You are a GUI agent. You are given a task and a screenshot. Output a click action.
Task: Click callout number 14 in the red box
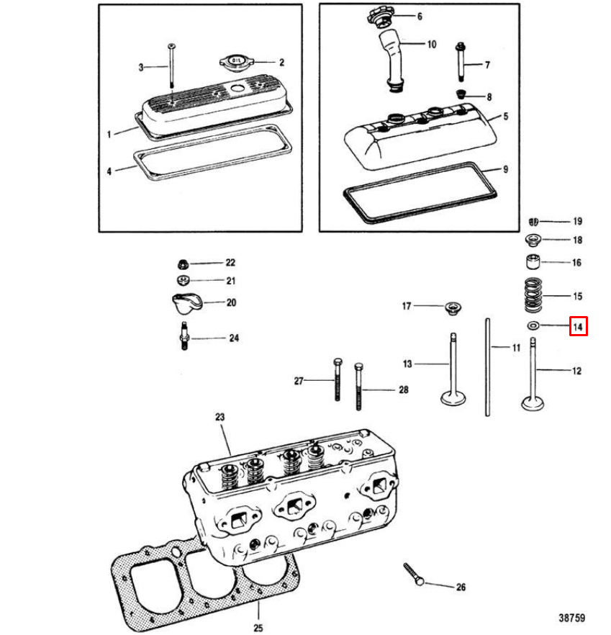(x=579, y=326)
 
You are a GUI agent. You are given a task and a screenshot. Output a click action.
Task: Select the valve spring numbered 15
(x=533, y=295)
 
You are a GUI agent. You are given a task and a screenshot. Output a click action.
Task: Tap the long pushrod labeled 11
(x=489, y=367)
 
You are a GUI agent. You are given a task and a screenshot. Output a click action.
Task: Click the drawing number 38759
(x=571, y=618)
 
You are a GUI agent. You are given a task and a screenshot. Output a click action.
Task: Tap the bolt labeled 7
(x=460, y=65)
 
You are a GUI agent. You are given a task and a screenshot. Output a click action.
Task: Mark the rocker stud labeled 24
(x=184, y=337)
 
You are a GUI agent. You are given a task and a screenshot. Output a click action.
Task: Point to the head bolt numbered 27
(x=337, y=379)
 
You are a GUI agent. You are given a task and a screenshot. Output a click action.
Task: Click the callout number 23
(x=220, y=417)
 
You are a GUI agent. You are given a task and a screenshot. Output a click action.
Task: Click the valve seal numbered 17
(x=453, y=308)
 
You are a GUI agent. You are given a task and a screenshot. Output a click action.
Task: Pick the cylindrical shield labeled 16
(x=533, y=263)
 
